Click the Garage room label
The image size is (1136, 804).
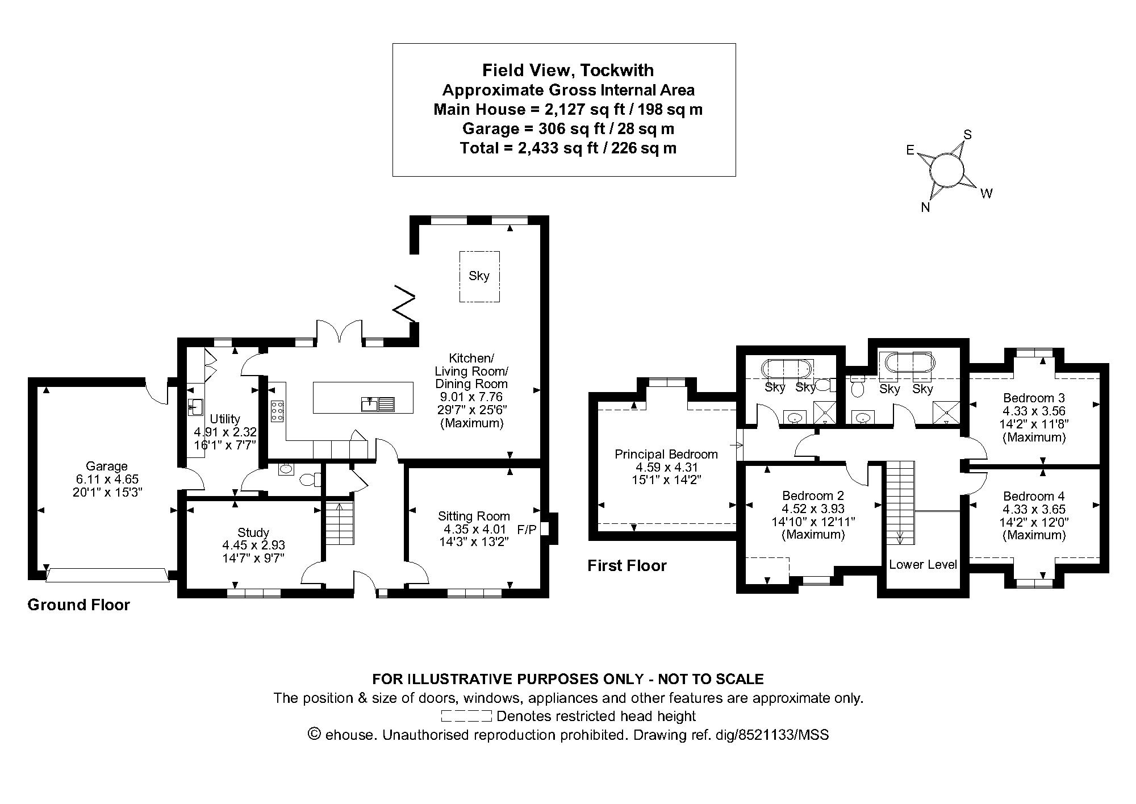[x=107, y=466]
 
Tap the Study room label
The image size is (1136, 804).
[x=253, y=532]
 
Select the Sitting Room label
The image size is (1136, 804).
[x=474, y=516]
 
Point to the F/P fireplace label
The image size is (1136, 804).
[x=527, y=530]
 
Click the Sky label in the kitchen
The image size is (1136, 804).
[x=479, y=276]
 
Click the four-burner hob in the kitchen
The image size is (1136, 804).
[x=278, y=411]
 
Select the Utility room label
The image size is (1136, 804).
[x=225, y=419]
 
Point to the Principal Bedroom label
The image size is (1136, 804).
[x=666, y=454]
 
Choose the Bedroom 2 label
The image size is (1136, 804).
[x=813, y=495]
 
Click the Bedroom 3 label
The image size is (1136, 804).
[x=1034, y=398]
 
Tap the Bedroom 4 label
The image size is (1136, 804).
[x=1034, y=496]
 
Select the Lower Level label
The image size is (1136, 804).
[x=923, y=564]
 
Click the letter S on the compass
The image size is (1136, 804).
[x=968, y=135]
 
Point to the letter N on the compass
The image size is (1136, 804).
[x=925, y=207]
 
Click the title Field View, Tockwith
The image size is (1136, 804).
[x=568, y=70]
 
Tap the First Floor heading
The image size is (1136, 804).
[x=627, y=565]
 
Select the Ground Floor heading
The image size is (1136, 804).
[x=79, y=605]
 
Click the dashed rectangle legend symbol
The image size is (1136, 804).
[x=466, y=716]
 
